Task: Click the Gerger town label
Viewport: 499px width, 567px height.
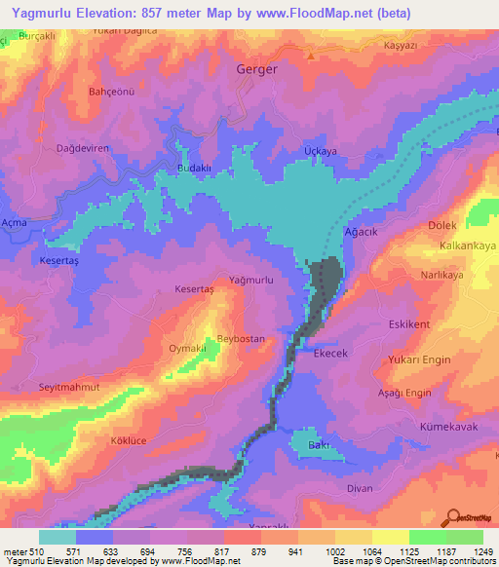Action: pyautogui.click(x=257, y=70)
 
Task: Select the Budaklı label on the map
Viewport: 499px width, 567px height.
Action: pyautogui.click(x=194, y=168)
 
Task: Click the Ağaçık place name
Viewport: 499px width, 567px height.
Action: pyautogui.click(x=363, y=234)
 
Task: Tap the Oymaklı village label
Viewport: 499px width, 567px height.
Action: pyautogui.click(x=189, y=348)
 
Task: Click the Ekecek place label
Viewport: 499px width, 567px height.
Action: pyautogui.click(x=330, y=355)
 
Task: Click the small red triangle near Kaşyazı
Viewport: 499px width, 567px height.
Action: pyautogui.click(x=311, y=56)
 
